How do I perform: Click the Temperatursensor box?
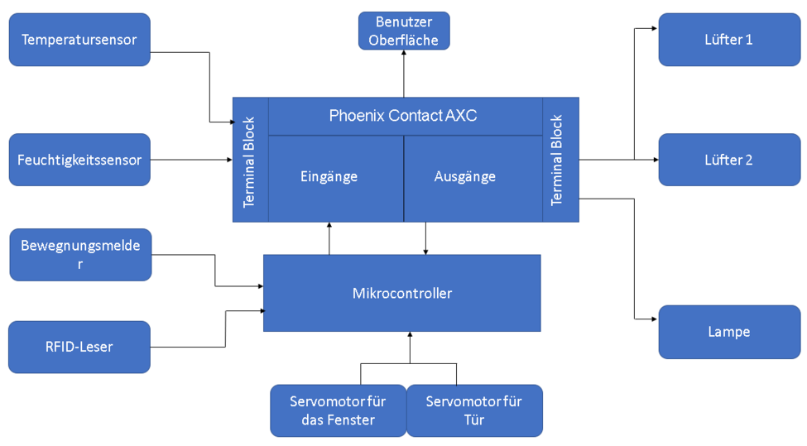[79, 40]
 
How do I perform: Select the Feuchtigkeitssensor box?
[79, 160]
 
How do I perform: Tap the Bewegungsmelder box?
[80, 255]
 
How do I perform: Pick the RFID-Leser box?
[79, 347]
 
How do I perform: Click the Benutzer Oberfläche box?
[404, 31]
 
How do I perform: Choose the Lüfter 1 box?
[729, 39]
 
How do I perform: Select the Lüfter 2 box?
[729, 160]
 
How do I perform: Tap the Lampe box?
[729, 332]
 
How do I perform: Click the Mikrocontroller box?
[402, 293]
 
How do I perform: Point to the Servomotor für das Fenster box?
[338, 410]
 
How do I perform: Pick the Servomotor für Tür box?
[474, 410]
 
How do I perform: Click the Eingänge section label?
[329, 176]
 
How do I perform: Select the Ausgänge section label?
[465, 176]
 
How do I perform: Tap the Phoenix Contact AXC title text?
[403, 116]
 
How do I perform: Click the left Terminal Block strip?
[250, 160]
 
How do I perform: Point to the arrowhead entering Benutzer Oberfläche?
[404, 52]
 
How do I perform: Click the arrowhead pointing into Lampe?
[655, 319]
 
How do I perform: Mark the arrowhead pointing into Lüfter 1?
[655, 28]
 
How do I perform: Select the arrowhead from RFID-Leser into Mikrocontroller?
[262, 311]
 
